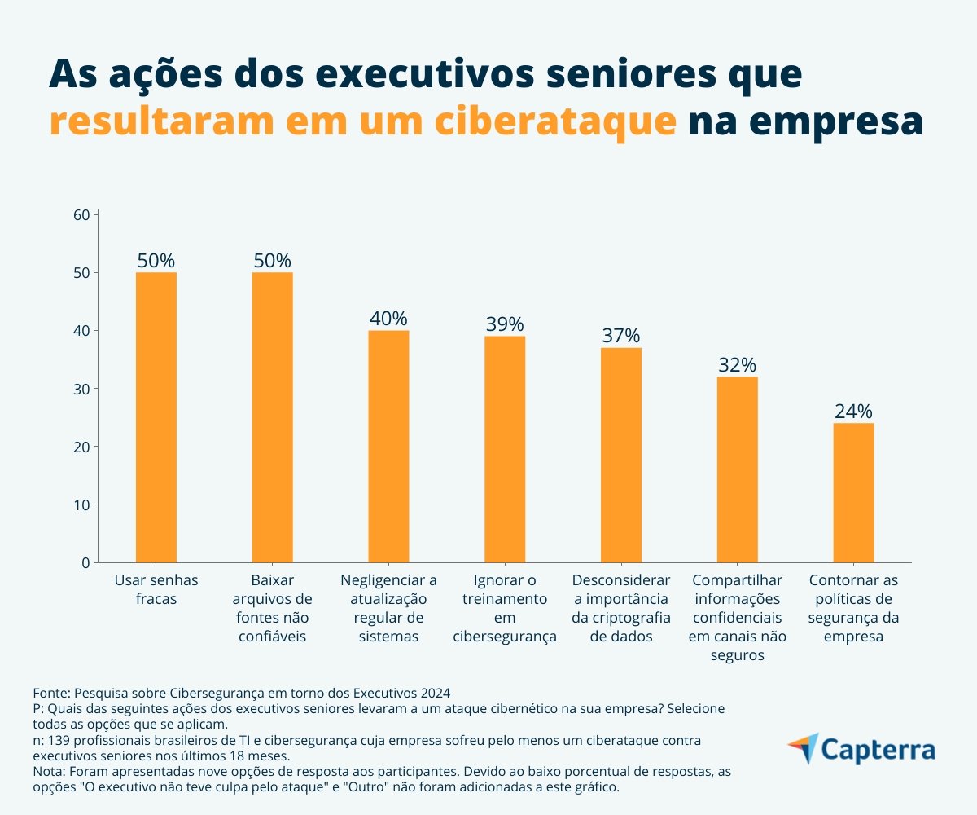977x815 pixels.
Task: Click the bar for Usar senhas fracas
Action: [x=156, y=417]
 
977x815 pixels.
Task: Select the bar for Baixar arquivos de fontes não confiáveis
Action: [x=272, y=417]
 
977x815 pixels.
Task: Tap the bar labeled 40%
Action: [x=388, y=446]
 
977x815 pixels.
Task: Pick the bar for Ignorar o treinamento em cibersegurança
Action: [x=505, y=449]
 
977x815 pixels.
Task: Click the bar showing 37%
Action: [x=621, y=455]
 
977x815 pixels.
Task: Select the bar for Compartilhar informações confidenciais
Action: [x=738, y=469]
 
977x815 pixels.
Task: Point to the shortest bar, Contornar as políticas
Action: [x=853, y=492]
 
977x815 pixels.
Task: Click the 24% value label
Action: [x=853, y=411]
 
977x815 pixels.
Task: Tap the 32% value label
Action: [x=738, y=364]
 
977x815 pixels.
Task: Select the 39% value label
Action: [x=505, y=324]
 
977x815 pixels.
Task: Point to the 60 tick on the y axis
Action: [x=81, y=215]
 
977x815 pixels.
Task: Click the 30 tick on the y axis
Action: [x=81, y=389]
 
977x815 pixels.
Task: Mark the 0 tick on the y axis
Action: [x=84, y=562]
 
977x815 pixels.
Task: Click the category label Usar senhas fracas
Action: [x=156, y=589]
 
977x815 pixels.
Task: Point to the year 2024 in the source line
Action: [x=433, y=693]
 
